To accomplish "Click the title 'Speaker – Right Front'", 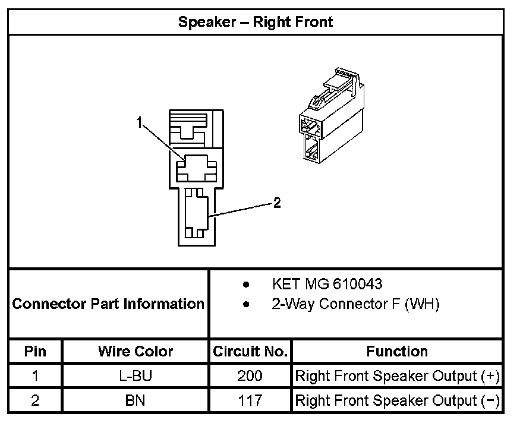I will point(256,23).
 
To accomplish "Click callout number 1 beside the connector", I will point(139,123).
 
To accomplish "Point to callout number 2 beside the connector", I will point(277,203).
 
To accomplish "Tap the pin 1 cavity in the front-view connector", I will point(195,168).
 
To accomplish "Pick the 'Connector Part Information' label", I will point(108,304).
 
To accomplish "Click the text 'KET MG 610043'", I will point(327,284).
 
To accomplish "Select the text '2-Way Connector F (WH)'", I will point(355,304).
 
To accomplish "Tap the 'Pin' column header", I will point(35,351).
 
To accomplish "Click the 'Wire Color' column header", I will point(136,351).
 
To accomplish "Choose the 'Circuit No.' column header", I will point(250,351).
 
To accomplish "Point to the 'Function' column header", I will point(397,351).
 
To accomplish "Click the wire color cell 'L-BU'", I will point(136,376).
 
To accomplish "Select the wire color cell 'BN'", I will point(136,400).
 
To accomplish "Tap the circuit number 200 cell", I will point(250,376).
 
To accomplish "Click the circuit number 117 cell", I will point(250,400).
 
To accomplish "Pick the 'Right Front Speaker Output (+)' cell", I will point(397,376).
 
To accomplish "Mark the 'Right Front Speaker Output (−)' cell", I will point(397,400).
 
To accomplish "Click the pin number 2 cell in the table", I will point(35,400).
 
